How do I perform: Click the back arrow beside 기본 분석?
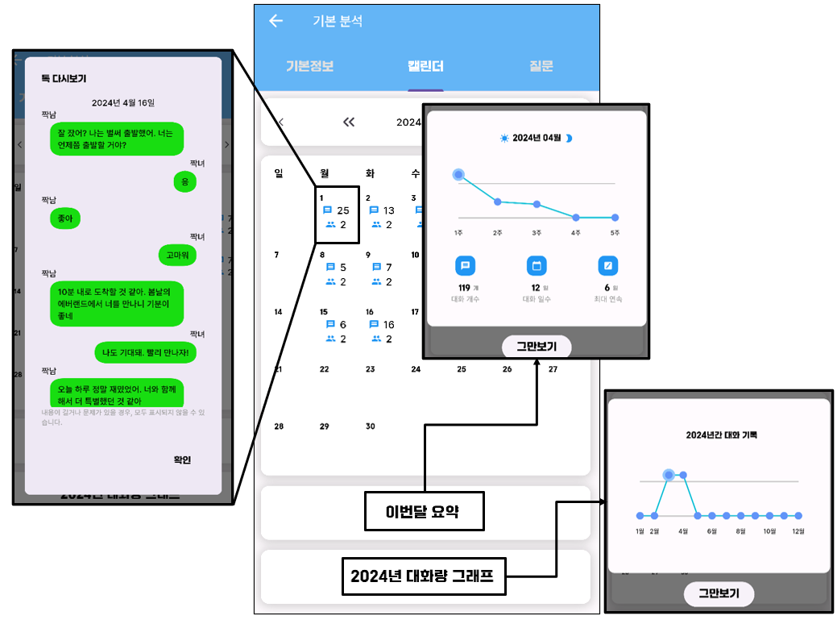[276, 21]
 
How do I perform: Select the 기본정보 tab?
[309, 66]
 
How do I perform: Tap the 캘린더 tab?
[425, 66]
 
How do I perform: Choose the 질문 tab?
[541, 66]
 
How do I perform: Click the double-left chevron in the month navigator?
[349, 123]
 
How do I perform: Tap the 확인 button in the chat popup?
[182, 460]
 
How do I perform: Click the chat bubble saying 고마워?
[177, 256]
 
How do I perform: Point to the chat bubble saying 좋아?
[65, 218]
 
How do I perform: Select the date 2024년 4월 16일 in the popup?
[122, 102]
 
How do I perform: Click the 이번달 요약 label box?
[424, 511]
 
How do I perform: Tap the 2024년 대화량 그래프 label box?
[424, 576]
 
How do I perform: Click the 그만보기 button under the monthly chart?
[537, 347]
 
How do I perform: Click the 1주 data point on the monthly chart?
[458, 174]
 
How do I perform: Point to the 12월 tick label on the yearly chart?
[798, 531]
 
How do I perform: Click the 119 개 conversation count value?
[465, 288]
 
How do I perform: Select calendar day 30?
[370, 426]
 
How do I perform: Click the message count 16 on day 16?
[388, 325]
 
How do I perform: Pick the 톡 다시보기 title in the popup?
[64, 78]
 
